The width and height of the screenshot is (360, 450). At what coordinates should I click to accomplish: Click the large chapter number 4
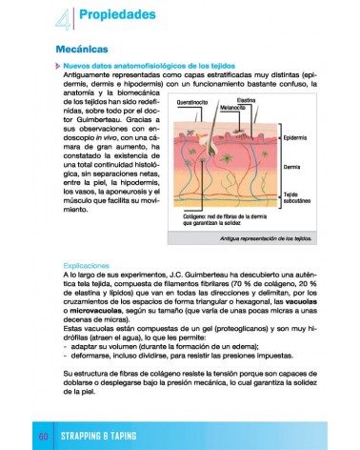click(63, 16)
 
